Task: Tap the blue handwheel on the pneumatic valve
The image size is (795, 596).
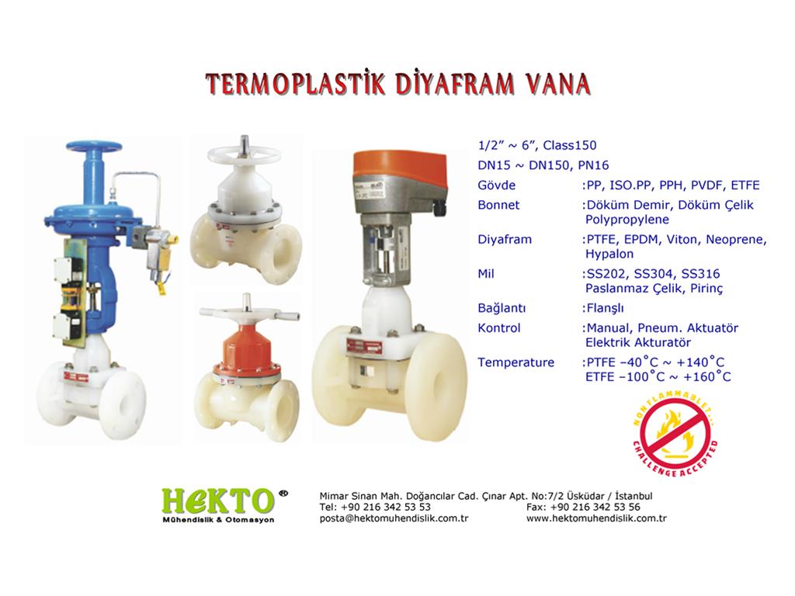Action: pos(94,147)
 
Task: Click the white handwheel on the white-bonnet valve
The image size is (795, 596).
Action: pos(245,154)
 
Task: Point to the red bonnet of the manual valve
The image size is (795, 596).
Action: pos(247,351)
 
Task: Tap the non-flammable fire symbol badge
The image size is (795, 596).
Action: pos(675,436)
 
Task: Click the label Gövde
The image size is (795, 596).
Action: pos(496,185)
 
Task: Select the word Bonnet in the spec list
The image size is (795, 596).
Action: pos(498,205)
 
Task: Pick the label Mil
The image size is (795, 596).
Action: pos(486,274)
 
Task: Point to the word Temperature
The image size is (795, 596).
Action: pos(516,362)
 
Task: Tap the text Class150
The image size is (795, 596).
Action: pos(570,145)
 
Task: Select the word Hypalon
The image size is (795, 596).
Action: pos(609,254)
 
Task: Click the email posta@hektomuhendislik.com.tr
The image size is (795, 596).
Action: pos(394,518)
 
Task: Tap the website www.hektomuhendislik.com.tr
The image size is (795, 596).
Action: pos(596,518)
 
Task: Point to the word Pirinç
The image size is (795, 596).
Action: pos(706,289)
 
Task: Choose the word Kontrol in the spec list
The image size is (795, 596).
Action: pos(499,328)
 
